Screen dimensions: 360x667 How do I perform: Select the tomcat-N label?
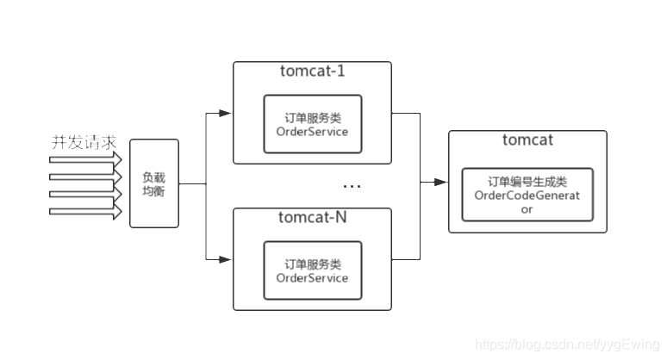click(x=312, y=217)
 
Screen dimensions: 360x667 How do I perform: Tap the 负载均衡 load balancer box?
click(x=154, y=183)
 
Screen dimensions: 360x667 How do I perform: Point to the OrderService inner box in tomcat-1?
click(x=312, y=124)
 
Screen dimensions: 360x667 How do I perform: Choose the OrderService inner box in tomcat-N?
click(x=312, y=270)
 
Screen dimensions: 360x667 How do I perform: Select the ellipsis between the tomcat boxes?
click(x=352, y=187)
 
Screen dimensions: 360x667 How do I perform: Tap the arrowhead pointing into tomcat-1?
click(x=226, y=113)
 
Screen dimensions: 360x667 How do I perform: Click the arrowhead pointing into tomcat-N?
click(x=226, y=258)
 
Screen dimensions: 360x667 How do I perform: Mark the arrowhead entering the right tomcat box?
click(x=440, y=182)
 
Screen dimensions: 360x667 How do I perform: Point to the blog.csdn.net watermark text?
click(x=568, y=344)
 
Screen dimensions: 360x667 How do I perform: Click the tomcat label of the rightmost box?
click(x=527, y=140)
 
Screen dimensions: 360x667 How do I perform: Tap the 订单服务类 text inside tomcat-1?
click(x=312, y=118)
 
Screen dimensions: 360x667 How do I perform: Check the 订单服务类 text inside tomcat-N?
click(x=312, y=264)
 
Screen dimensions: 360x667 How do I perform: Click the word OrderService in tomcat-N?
click(x=312, y=278)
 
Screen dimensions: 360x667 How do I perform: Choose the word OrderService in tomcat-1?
click(x=312, y=132)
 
